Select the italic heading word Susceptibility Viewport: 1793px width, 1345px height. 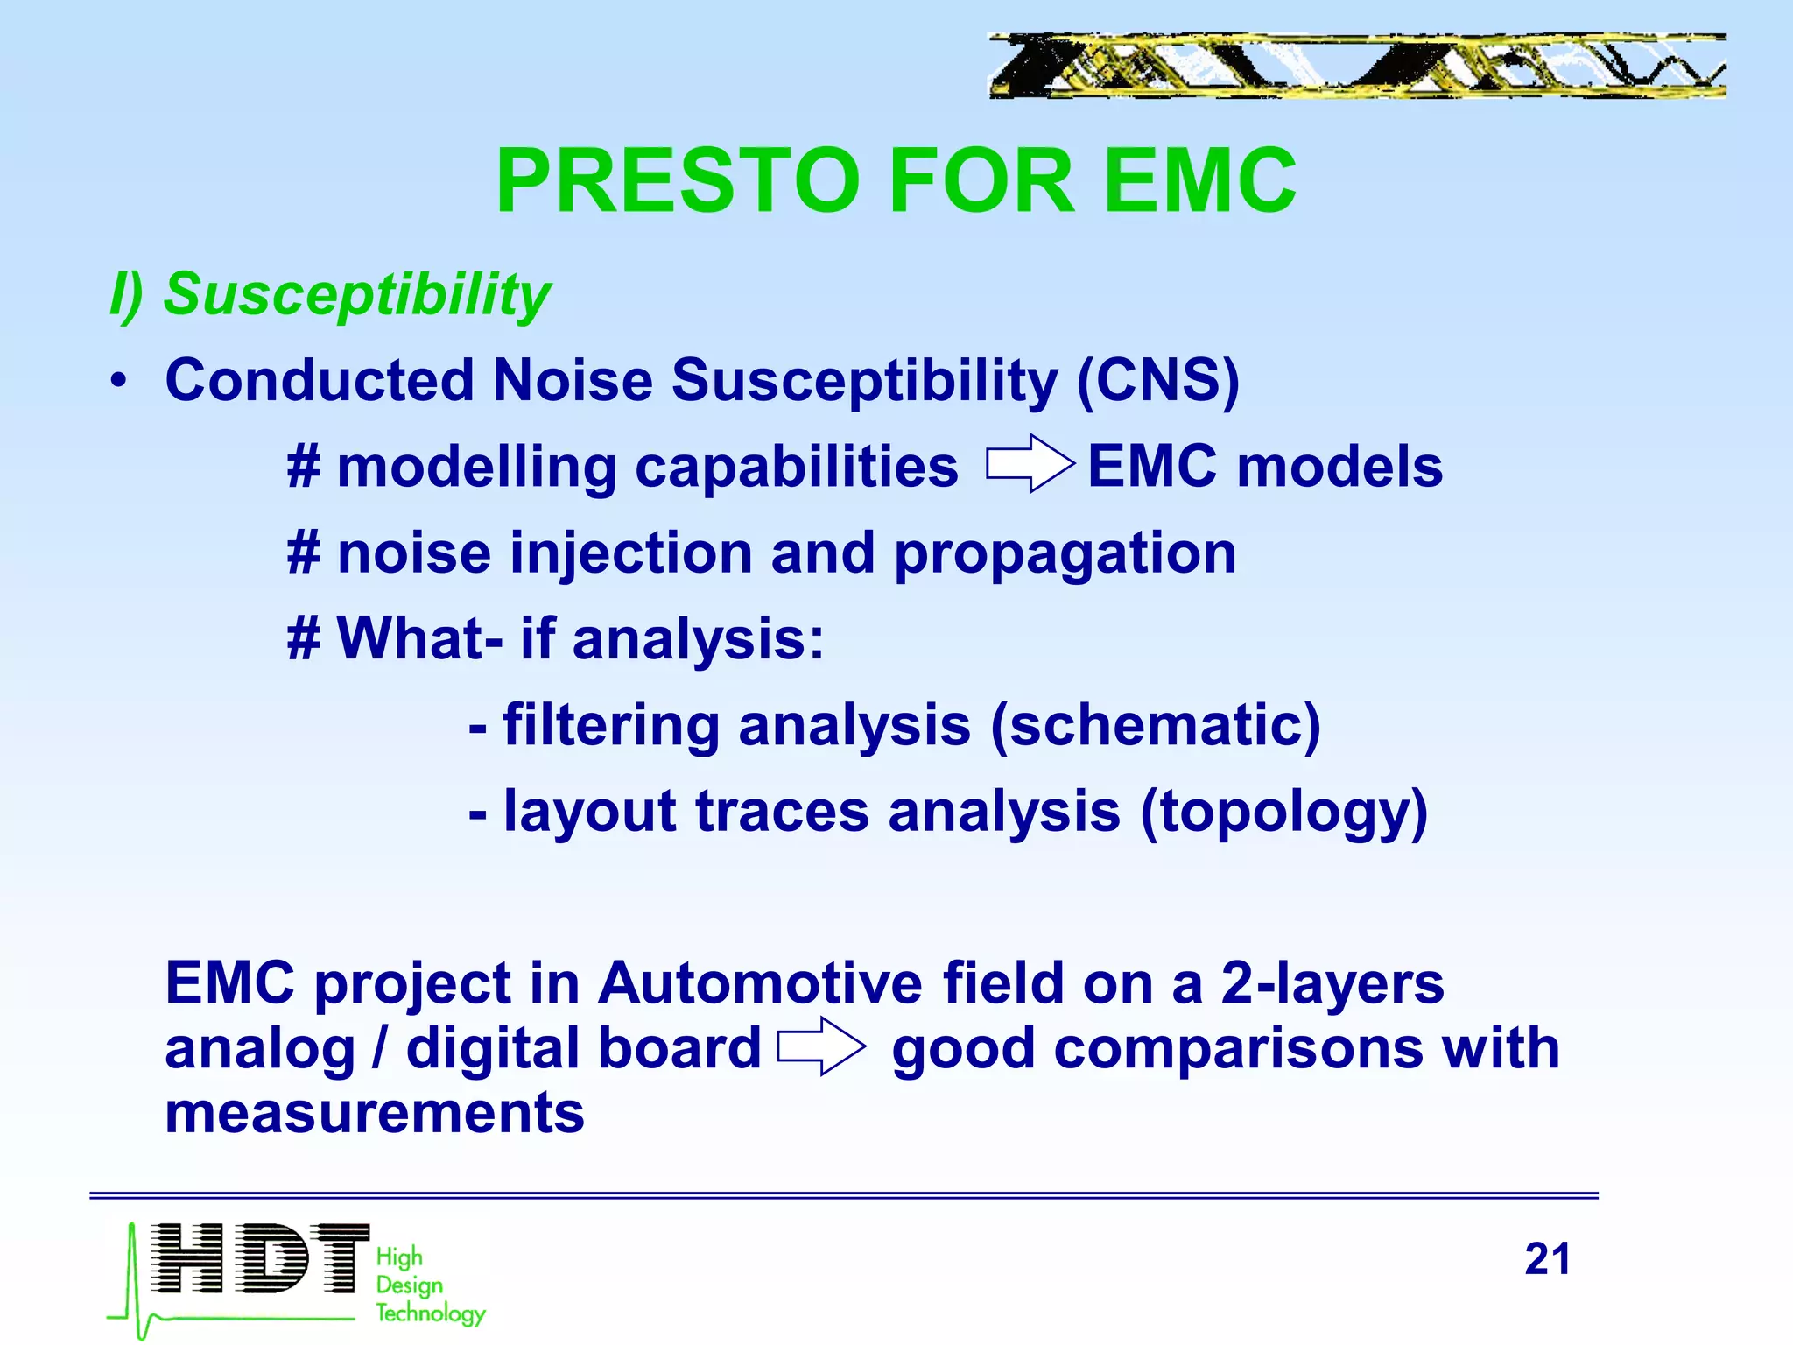pyautogui.click(x=357, y=294)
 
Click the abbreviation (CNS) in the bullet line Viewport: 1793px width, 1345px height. pyautogui.click(x=1157, y=381)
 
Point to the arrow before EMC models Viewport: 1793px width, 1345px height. pyautogui.click(x=1030, y=464)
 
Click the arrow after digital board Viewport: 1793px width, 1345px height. pyautogui.click(x=821, y=1046)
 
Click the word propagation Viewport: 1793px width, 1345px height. pyautogui.click(x=1065, y=553)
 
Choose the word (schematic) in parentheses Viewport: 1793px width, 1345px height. pyautogui.click(x=1155, y=726)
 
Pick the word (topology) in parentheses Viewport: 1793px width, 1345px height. pyautogui.click(x=1283, y=812)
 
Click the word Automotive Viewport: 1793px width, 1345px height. pyautogui.click(x=759, y=982)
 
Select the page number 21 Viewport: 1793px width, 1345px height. pyautogui.click(x=1547, y=1259)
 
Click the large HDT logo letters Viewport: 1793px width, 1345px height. pyautogui.click(x=259, y=1258)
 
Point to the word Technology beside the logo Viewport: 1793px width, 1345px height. pyautogui.click(x=430, y=1313)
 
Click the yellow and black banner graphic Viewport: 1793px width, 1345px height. pyautogui.click(x=1356, y=66)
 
